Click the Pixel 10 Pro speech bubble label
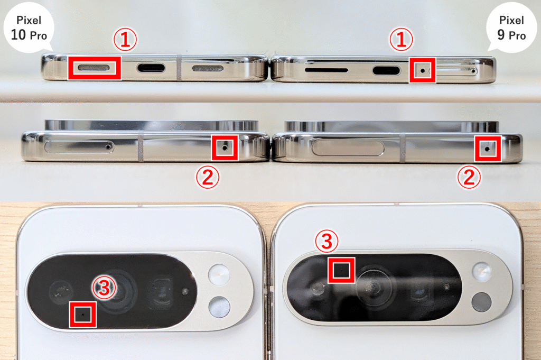tap(29, 27)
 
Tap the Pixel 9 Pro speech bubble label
tap(511, 27)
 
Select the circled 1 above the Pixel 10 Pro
tap(125, 39)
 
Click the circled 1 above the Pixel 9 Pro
tap(401, 39)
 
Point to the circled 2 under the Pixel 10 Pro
tap(208, 177)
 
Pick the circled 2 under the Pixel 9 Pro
tap(469, 177)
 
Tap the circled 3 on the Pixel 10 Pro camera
tap(104, 288)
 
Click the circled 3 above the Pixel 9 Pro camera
tap(327, 241)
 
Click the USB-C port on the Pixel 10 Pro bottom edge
tap(151, 68)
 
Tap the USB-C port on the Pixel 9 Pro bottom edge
tap(386, 71)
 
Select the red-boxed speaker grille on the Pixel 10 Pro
tap(94, 67)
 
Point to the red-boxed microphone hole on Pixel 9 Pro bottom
tap(422, 71)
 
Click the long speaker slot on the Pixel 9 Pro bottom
tap(327, 70)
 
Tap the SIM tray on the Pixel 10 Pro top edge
tap(79, 146)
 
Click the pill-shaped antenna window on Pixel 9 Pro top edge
tap(348, 149)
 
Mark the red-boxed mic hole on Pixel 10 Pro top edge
tap(225, 147)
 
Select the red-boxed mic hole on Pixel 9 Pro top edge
tap(487, 149)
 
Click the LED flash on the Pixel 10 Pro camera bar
tap(219, 275)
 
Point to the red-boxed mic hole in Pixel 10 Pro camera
tap(82, 315)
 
